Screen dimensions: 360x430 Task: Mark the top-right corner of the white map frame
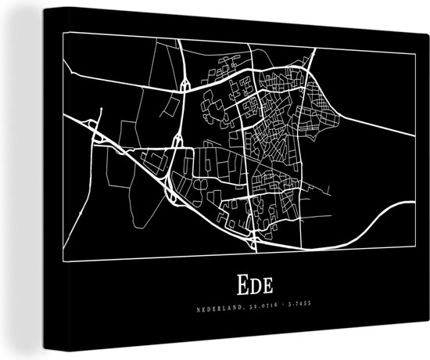[412, 52]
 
